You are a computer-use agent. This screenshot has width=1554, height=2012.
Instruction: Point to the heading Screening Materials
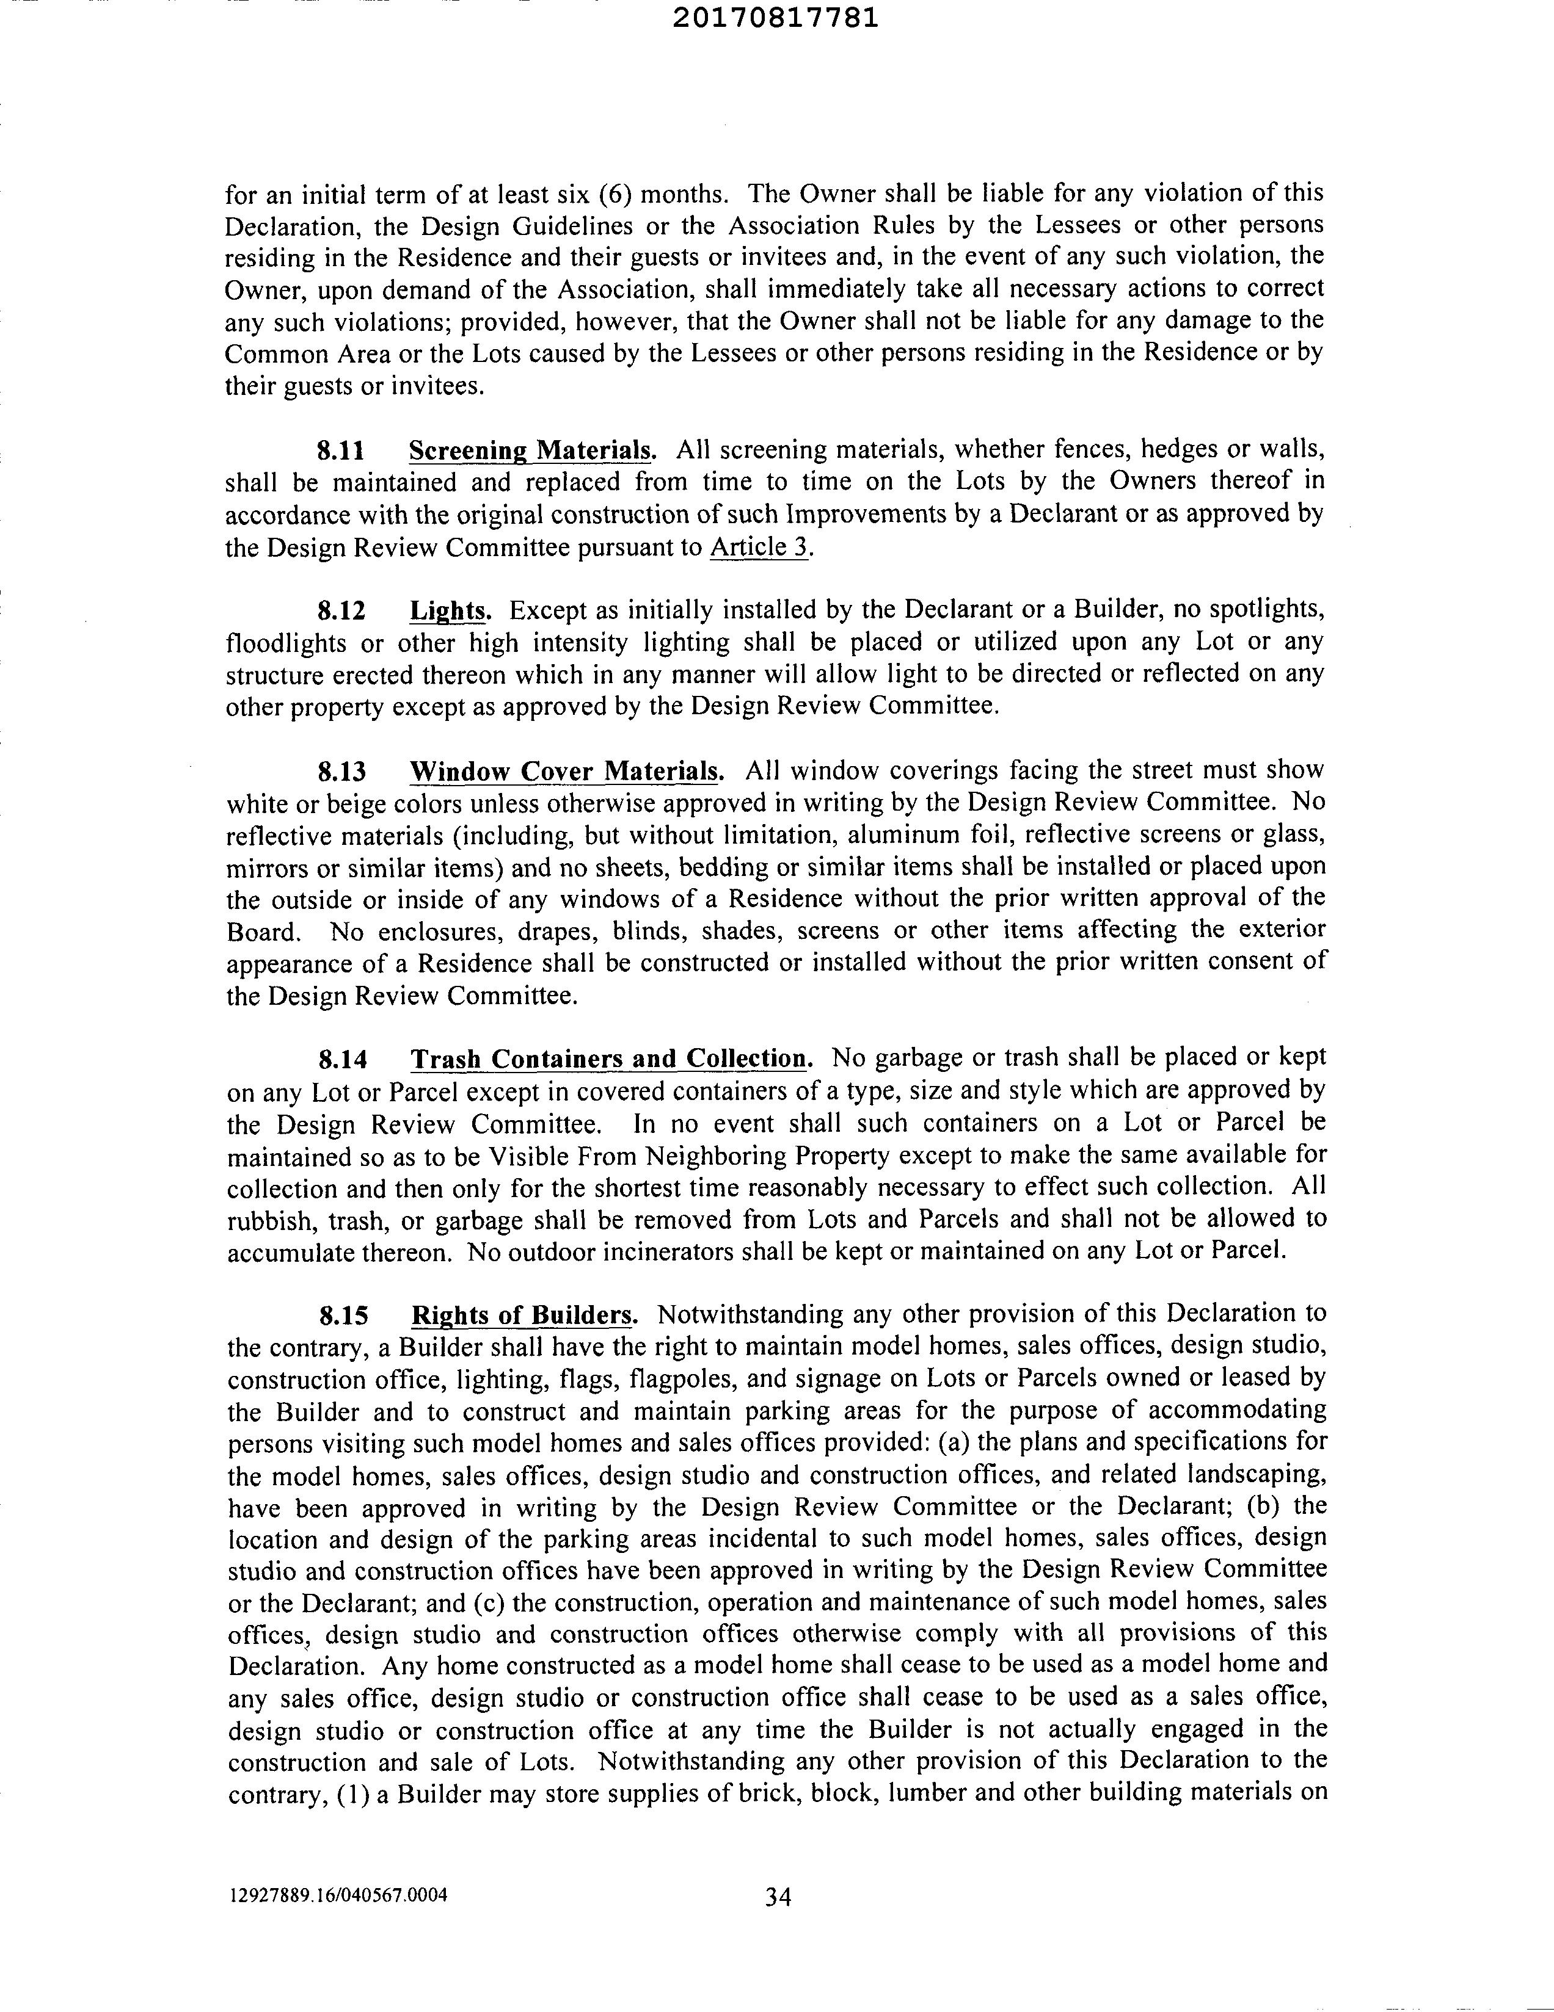531,451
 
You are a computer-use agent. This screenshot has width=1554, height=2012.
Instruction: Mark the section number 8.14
342,1060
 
